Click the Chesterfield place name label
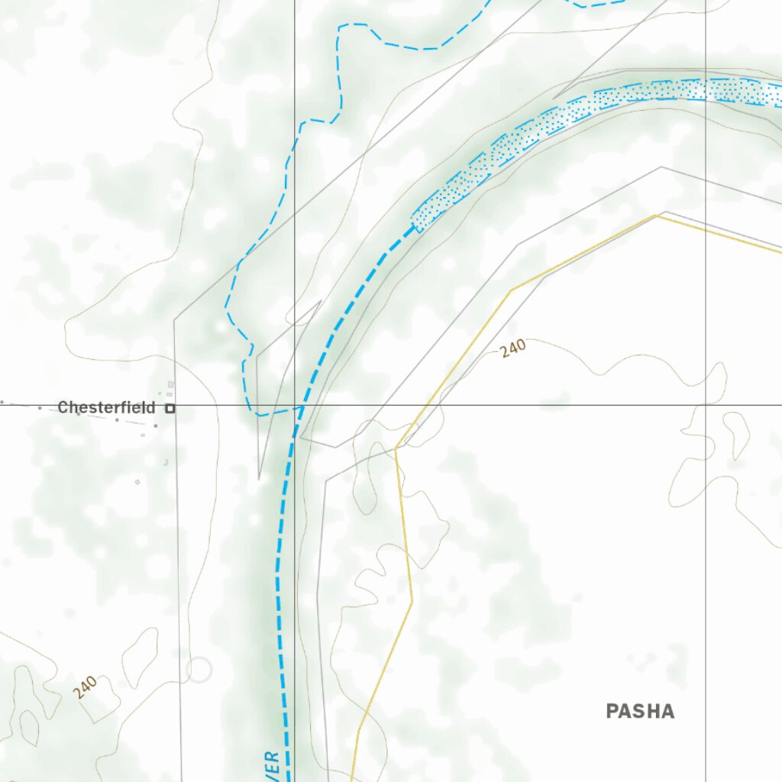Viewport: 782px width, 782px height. pos(106,408)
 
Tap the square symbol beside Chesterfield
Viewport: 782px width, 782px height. pos(170,409)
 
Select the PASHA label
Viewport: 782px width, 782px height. pos(640,712)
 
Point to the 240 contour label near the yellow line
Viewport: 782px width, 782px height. pos(513,349)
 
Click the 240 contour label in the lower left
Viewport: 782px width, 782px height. pos(86,687)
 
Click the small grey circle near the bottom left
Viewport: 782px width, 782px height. pos(199,670)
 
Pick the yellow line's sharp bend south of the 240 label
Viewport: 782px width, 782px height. pos(396,448)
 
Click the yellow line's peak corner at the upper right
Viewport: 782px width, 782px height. pos(655,216)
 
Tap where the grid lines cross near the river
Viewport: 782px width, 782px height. pos(295,406)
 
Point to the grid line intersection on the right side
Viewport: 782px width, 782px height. pos(706,406)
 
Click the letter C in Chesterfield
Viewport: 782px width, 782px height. pos(63,408)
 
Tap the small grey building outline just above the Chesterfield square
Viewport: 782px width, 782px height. pos(170,384)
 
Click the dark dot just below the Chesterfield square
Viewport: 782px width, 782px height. pos(156,425)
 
